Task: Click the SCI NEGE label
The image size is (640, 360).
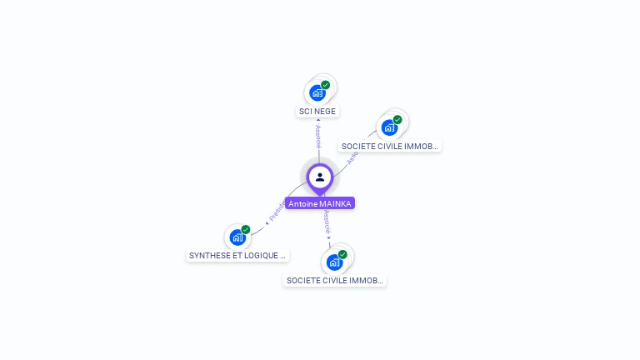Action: (x=318, y=111)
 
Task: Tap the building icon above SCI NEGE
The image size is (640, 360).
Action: (x=317, y=92)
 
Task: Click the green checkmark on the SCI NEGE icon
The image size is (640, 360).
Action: (x=325, y=85)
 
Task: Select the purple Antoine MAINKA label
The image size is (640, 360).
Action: (x=320, y=203)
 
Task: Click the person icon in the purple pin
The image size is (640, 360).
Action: (x=320, y=177)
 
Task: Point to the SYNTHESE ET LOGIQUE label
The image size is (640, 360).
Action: (x=237, y=256)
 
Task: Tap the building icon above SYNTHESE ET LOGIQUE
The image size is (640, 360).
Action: (x=237, y=237)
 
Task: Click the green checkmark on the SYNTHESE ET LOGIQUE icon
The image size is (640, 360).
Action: (x=246, y=230)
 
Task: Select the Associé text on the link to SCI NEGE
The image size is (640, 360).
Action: (x=318, y=137)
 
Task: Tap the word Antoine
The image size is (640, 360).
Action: (x=302, y=203)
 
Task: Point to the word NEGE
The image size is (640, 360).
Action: (x=325, y=111)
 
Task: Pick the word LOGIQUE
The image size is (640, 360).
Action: (x=261, y=256)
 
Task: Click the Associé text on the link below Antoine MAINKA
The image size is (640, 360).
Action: (x=327, y=221)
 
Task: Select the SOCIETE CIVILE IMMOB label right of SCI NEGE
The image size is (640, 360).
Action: (x=389, y=146)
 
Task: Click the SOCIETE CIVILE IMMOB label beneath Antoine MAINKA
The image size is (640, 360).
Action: (x=334, y=281)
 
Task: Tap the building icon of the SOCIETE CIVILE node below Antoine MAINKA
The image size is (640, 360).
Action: (x=334, y=262)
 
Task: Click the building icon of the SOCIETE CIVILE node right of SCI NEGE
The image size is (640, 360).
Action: (x=388, y=127)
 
